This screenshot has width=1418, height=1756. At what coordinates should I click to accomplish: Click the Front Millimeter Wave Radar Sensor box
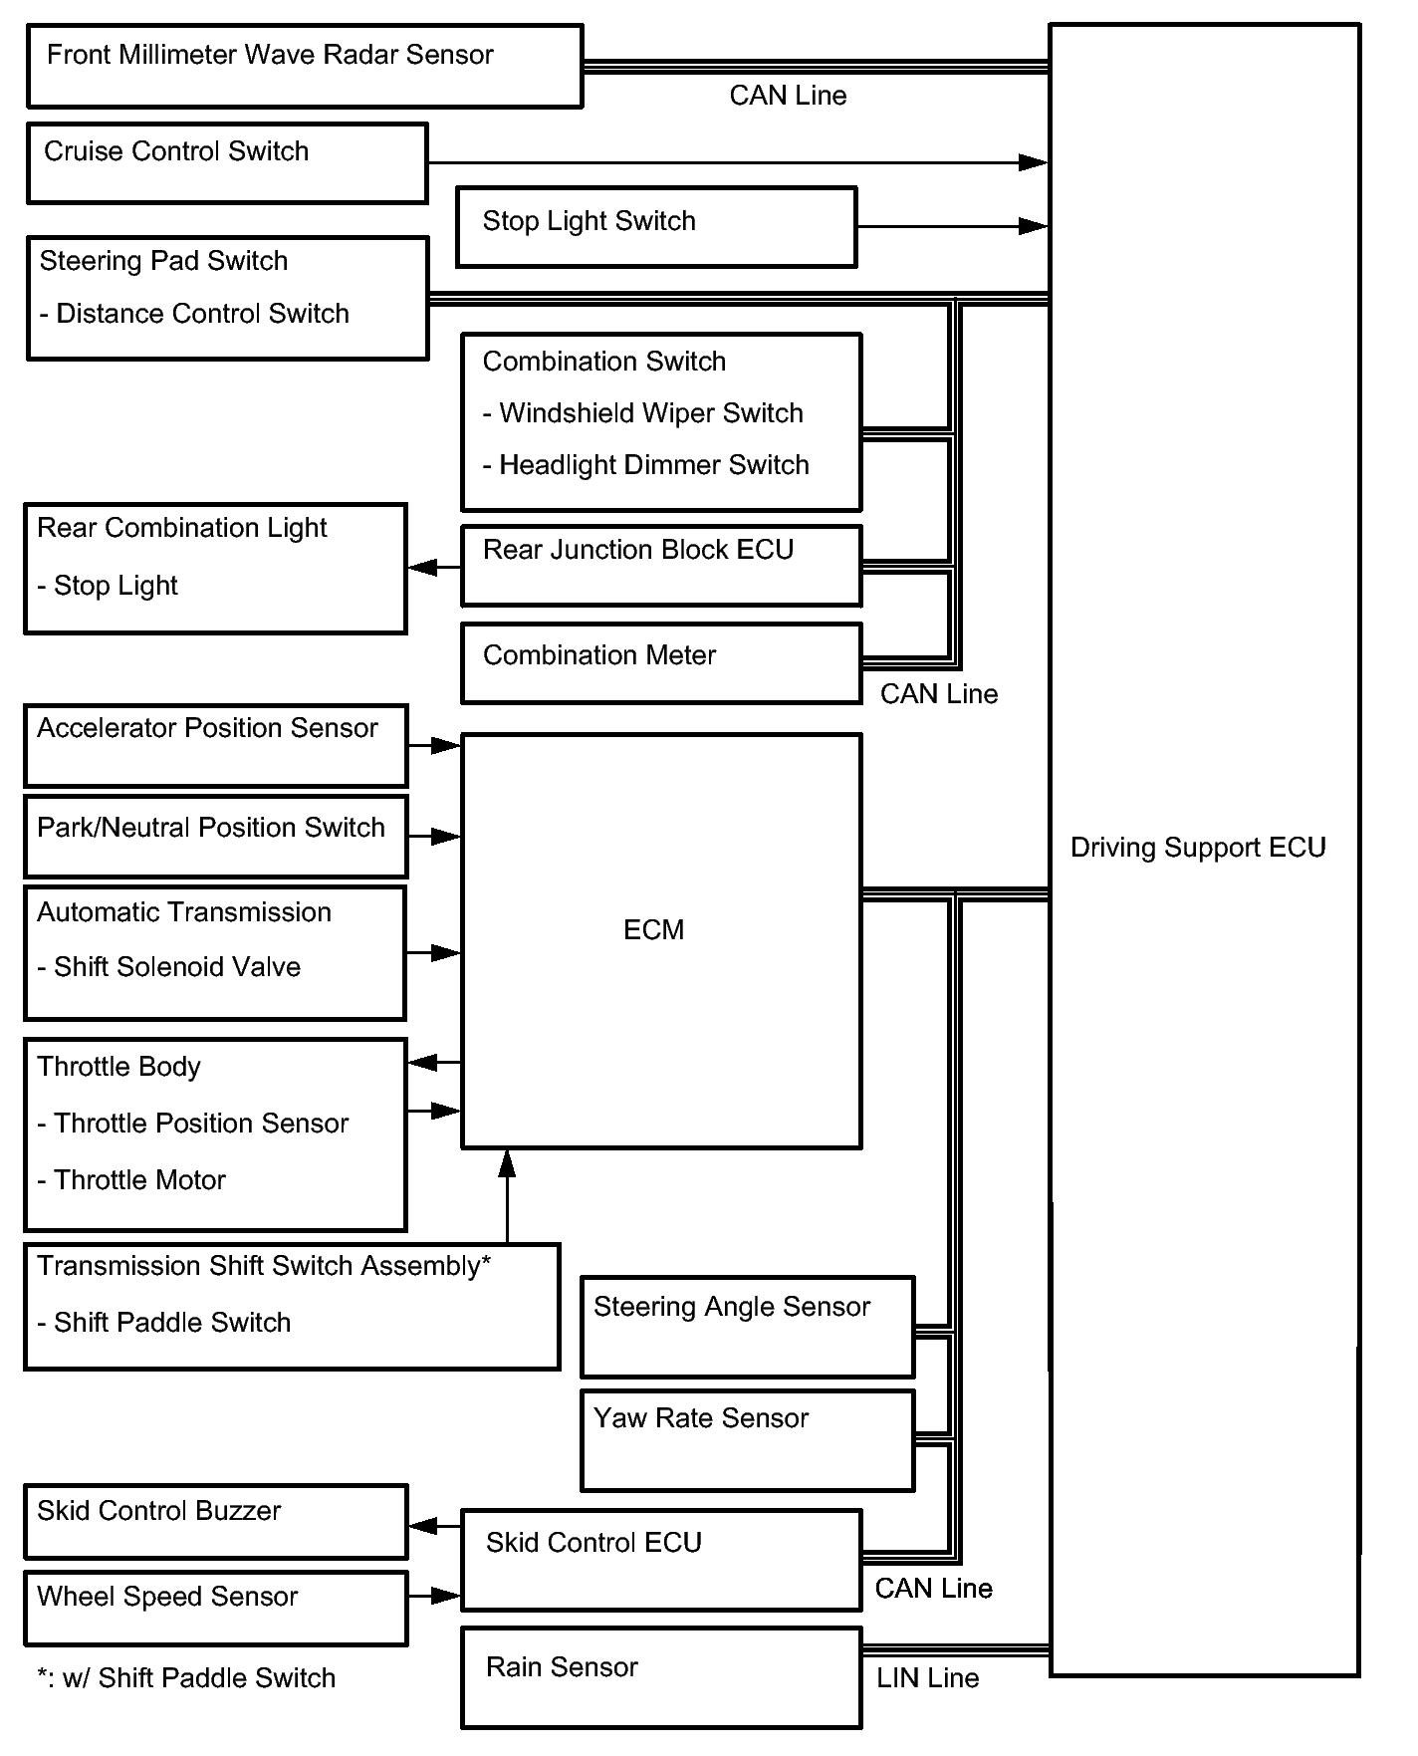click(305, 66)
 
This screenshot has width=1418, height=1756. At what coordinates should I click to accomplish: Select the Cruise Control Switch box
click(227, 163)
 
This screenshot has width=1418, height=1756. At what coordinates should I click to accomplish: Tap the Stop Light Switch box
click(656, 227)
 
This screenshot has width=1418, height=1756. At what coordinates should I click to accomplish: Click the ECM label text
click(653, 930)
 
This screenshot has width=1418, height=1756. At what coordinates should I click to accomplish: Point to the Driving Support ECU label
click(1198, 848)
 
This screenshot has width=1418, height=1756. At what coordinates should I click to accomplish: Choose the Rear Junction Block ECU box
click(661, 566)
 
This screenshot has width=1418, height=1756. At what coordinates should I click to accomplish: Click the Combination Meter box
click(661, 663)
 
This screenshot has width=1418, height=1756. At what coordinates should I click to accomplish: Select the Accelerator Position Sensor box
click(216, 746)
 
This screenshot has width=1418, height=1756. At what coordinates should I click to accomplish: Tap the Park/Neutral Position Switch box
click(216, 836)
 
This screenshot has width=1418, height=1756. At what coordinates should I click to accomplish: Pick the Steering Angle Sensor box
click(748, 1327)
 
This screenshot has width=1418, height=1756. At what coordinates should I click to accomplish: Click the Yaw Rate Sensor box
click(748, 1440)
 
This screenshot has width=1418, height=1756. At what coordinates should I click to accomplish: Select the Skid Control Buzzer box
click(216, 1522)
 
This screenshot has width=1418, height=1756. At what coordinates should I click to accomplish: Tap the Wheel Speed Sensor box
click(216, 1608)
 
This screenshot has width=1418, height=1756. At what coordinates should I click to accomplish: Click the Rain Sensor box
click(661, 1677)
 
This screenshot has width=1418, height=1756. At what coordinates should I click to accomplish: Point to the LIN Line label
click(927, 1678)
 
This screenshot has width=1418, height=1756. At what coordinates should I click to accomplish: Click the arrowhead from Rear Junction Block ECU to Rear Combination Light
click(422, 567)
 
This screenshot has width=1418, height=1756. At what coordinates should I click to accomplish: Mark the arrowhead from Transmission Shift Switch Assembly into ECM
click(507, 1162)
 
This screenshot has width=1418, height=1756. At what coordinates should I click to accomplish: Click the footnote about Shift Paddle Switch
click(186, 1678)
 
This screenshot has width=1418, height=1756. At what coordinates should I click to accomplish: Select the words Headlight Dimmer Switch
click(654, 465)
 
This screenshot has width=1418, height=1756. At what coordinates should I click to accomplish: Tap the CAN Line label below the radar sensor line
click(788, 96)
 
